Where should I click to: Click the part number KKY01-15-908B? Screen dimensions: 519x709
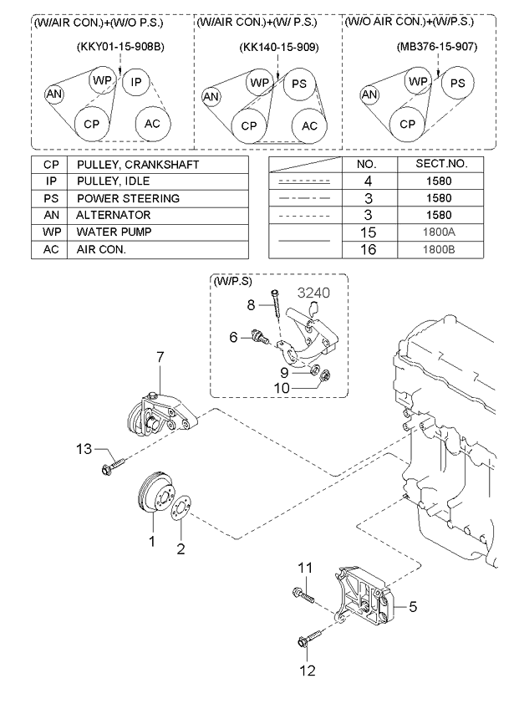120,47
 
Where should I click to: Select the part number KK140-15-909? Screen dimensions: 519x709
279,47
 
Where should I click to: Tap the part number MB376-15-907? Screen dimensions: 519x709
437,47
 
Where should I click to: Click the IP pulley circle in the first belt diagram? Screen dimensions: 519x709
135,82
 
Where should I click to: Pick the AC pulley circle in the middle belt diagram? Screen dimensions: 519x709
310,125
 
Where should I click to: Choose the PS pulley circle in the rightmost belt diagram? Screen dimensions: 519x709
458,83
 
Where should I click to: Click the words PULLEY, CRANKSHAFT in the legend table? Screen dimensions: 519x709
138,165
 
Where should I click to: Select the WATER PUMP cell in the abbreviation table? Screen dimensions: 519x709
114,232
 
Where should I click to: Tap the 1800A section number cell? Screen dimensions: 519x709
439,232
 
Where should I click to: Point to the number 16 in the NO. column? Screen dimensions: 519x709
368,249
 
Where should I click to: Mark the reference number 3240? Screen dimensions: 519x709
313,293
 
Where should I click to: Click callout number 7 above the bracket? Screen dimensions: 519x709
160,357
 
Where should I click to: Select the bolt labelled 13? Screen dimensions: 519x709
113,467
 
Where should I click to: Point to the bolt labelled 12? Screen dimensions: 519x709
310,636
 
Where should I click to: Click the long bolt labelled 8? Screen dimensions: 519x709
277,305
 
